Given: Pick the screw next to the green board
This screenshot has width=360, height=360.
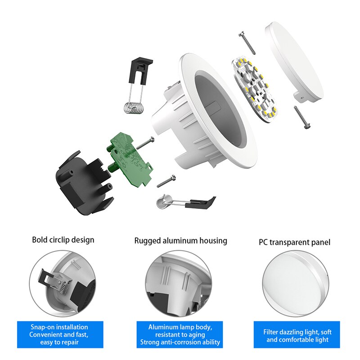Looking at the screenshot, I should tap(145, 144).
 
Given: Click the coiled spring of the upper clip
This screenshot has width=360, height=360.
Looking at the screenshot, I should tap(134, 108).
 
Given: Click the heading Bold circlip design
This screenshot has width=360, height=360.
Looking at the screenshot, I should tap(63, 239).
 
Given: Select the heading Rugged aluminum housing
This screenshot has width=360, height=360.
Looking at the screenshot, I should tap(180, 241).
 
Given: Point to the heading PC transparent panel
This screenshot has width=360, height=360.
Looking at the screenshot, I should tap(294, 242).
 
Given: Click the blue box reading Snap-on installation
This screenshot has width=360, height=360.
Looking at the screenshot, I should tap(60, 334).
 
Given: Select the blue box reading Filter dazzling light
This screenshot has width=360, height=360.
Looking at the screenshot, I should tap(297, 335).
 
